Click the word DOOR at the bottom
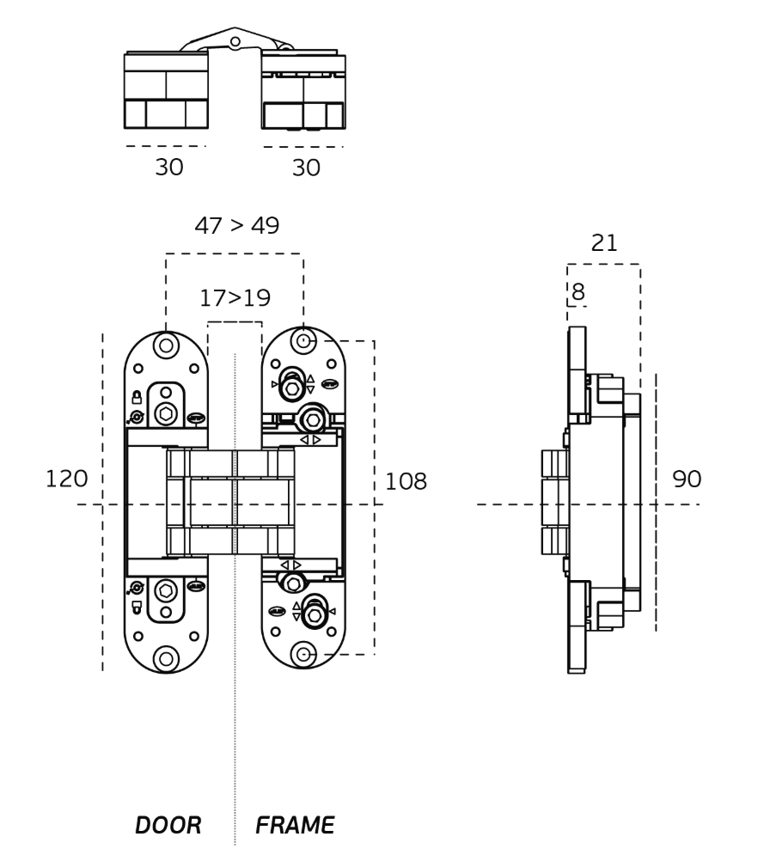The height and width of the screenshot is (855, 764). click(168, 825)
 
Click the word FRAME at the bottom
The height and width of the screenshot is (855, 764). click(295, 825)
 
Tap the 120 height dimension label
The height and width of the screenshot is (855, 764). click(66, 479)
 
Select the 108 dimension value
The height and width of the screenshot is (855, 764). click(406, 481)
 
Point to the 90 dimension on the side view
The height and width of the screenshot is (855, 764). click(687, 479)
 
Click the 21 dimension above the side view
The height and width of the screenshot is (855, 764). click(604, 242)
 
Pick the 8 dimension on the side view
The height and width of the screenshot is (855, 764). click(578, 291)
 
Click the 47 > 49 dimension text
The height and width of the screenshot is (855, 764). click(237, 225)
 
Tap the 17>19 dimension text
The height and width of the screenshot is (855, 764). click(235, 297)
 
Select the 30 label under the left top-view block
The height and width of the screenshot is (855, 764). click(169, 168)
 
